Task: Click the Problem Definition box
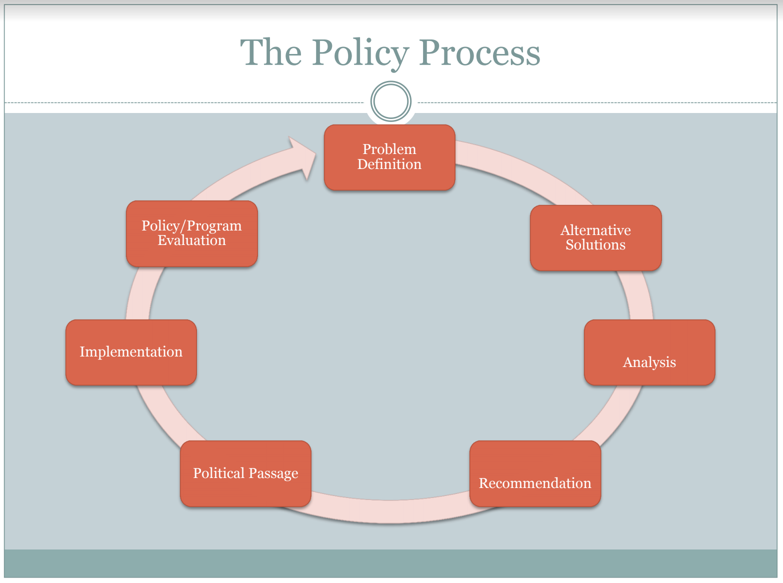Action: tap(389, 157)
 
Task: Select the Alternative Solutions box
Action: tap(595, 238)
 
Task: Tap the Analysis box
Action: tap(649, 352)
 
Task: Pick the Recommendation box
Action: tap(535, 473)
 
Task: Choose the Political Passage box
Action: tap(245, 473)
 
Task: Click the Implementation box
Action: tap(131, 352)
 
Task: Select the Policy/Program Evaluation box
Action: tap(191, 233)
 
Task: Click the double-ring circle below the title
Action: tap(391, 101)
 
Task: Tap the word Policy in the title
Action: tap(360, 53)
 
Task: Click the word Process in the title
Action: tap(479, 53)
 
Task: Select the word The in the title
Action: tap(271, 53)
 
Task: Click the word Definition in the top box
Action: tap(389, 164)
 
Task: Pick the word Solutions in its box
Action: tap(595, 245)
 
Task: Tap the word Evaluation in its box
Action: tap(191, 240)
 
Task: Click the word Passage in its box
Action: tap(273, 473)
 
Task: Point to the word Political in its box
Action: tap(219, 473)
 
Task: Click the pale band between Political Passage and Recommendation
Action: tap(390, 511)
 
